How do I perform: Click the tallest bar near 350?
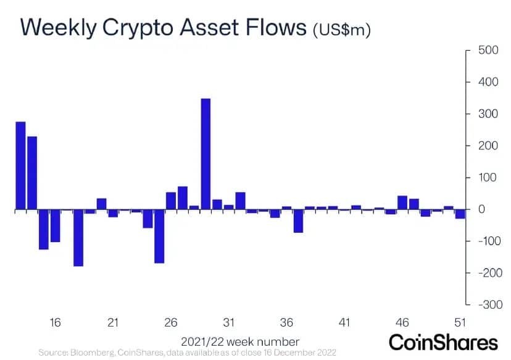tap(206, 154)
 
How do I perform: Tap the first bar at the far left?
tap(20, 165)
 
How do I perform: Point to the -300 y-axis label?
tap(484, 304)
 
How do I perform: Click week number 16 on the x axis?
tap(55, 322)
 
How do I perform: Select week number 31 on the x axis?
tap(229, 322)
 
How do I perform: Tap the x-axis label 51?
tap(460, 322)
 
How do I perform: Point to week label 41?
tap(344, 322)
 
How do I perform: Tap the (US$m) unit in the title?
tap(342, 30)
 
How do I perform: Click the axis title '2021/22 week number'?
tap(240, 341)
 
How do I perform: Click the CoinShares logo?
tap(442, 343)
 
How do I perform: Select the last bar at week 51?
tap(460, 214)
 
